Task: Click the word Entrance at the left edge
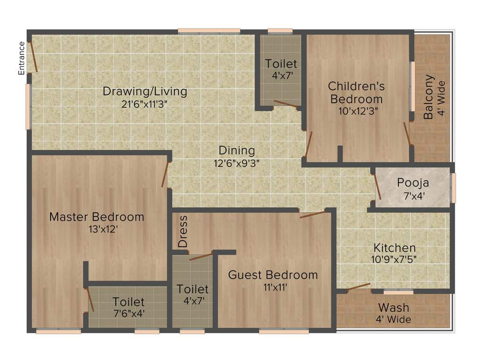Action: tap(22, 59)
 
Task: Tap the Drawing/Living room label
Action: tap(145, 91)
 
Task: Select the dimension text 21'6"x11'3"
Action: tap(145, 104)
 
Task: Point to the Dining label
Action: tap(237, 151)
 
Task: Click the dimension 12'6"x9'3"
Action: tap(237, 163)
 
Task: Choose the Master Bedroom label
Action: tap(97, 217)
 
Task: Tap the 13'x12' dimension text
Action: tap(97, 229)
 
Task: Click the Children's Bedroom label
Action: tap(356, 92)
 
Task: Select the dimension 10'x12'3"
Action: tap(356, 111)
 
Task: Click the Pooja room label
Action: tap(413, 183)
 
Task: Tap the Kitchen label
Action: tap(394, 247)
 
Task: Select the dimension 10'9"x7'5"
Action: tap(394, 259)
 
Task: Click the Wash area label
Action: tap(394, 308)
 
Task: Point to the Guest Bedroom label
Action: tap(273, 275)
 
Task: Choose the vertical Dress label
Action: tap(183, 231)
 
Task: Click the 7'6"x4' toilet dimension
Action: tap(128, 314)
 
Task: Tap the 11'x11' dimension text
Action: tap(273, 287)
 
